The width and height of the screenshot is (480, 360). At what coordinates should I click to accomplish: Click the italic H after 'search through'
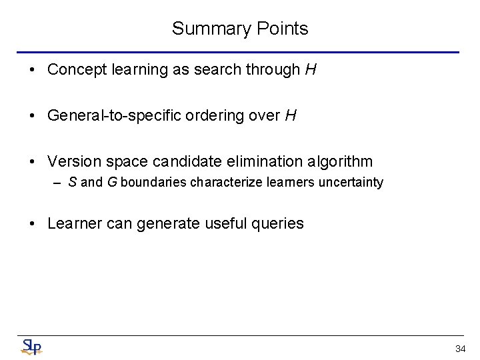pyautogui.click(x=310, y=69)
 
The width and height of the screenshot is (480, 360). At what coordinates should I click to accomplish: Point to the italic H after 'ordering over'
pyautogui.click(x=290, y=115)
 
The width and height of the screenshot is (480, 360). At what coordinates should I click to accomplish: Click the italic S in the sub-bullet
pyautogui.click(x=72, y=182)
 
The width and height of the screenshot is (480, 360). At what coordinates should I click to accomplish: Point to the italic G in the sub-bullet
pyautogui.click(x=111, y=182)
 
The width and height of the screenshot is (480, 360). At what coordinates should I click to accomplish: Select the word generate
pyautogui.click(x=166, y=223)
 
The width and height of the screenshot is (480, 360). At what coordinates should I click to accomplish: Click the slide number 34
pyautogui.click(x=460, y=349)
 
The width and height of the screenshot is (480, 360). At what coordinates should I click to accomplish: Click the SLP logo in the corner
pyautogui.click(x=31, y=347)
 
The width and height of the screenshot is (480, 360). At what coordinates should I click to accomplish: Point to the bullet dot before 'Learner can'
pyautogui.click(x=33, y=223)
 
